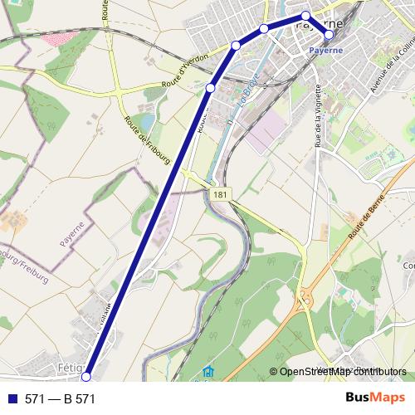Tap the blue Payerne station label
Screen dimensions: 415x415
point(326,50)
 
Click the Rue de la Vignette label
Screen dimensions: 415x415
point(318,115)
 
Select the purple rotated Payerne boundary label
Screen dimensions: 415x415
point(73,234)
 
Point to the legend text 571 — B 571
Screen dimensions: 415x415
point(61,399)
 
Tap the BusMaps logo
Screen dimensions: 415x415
point(375,398)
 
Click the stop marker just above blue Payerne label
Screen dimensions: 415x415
point(330,35)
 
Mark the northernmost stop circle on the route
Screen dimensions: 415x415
point(306,16)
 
